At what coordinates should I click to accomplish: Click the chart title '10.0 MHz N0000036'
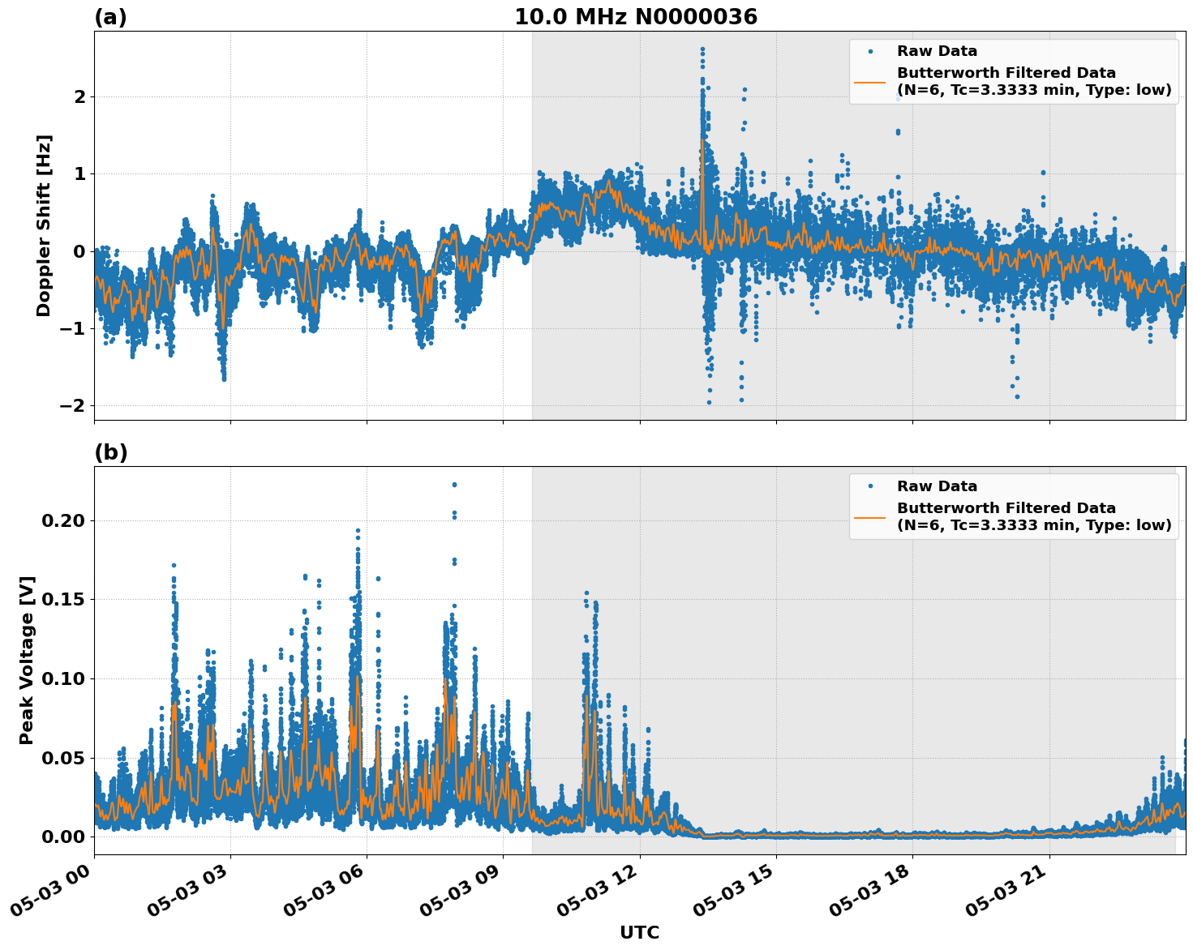[x=635, y=17]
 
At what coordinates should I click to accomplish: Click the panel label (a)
[x=110, y=17]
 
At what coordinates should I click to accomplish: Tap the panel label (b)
[x=110, y=452]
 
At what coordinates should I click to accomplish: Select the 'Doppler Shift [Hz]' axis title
[x=44, y=225]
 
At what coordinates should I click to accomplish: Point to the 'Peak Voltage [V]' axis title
[x=27, y=660]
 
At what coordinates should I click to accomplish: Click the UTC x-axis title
[x=639, y=932]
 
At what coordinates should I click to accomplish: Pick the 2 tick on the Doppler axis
[x=79, y=96]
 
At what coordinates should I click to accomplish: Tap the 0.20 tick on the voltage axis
[x=62, y=520]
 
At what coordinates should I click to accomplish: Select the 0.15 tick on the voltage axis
[x=62, y=599]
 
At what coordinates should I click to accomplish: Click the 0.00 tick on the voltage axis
[x=62, y=837]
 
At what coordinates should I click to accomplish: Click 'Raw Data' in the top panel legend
[x=937, y=51]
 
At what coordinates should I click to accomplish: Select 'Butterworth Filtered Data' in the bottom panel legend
[x=1006, y=508]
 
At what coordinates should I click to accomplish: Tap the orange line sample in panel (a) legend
[x=869, y=81]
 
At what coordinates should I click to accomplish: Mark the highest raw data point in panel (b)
[x=454, y=485]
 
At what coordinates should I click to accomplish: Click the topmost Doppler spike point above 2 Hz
[x=702, y=49]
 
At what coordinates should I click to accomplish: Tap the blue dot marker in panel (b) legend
[x=869, y=486]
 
